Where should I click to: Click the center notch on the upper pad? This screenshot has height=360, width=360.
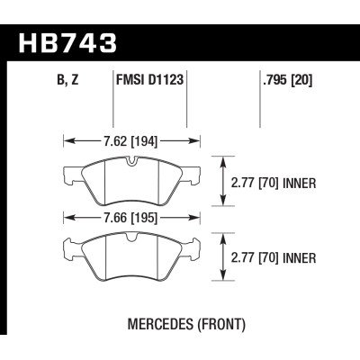tap(131, 162)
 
